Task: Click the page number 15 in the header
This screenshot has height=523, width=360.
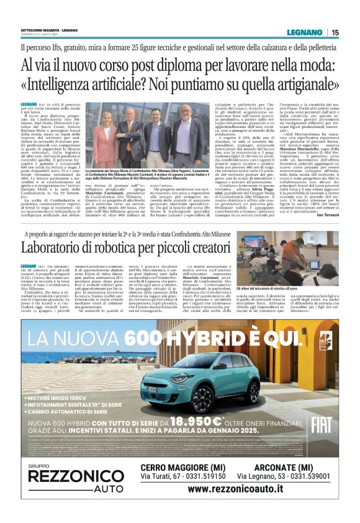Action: (x=335, y=32)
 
